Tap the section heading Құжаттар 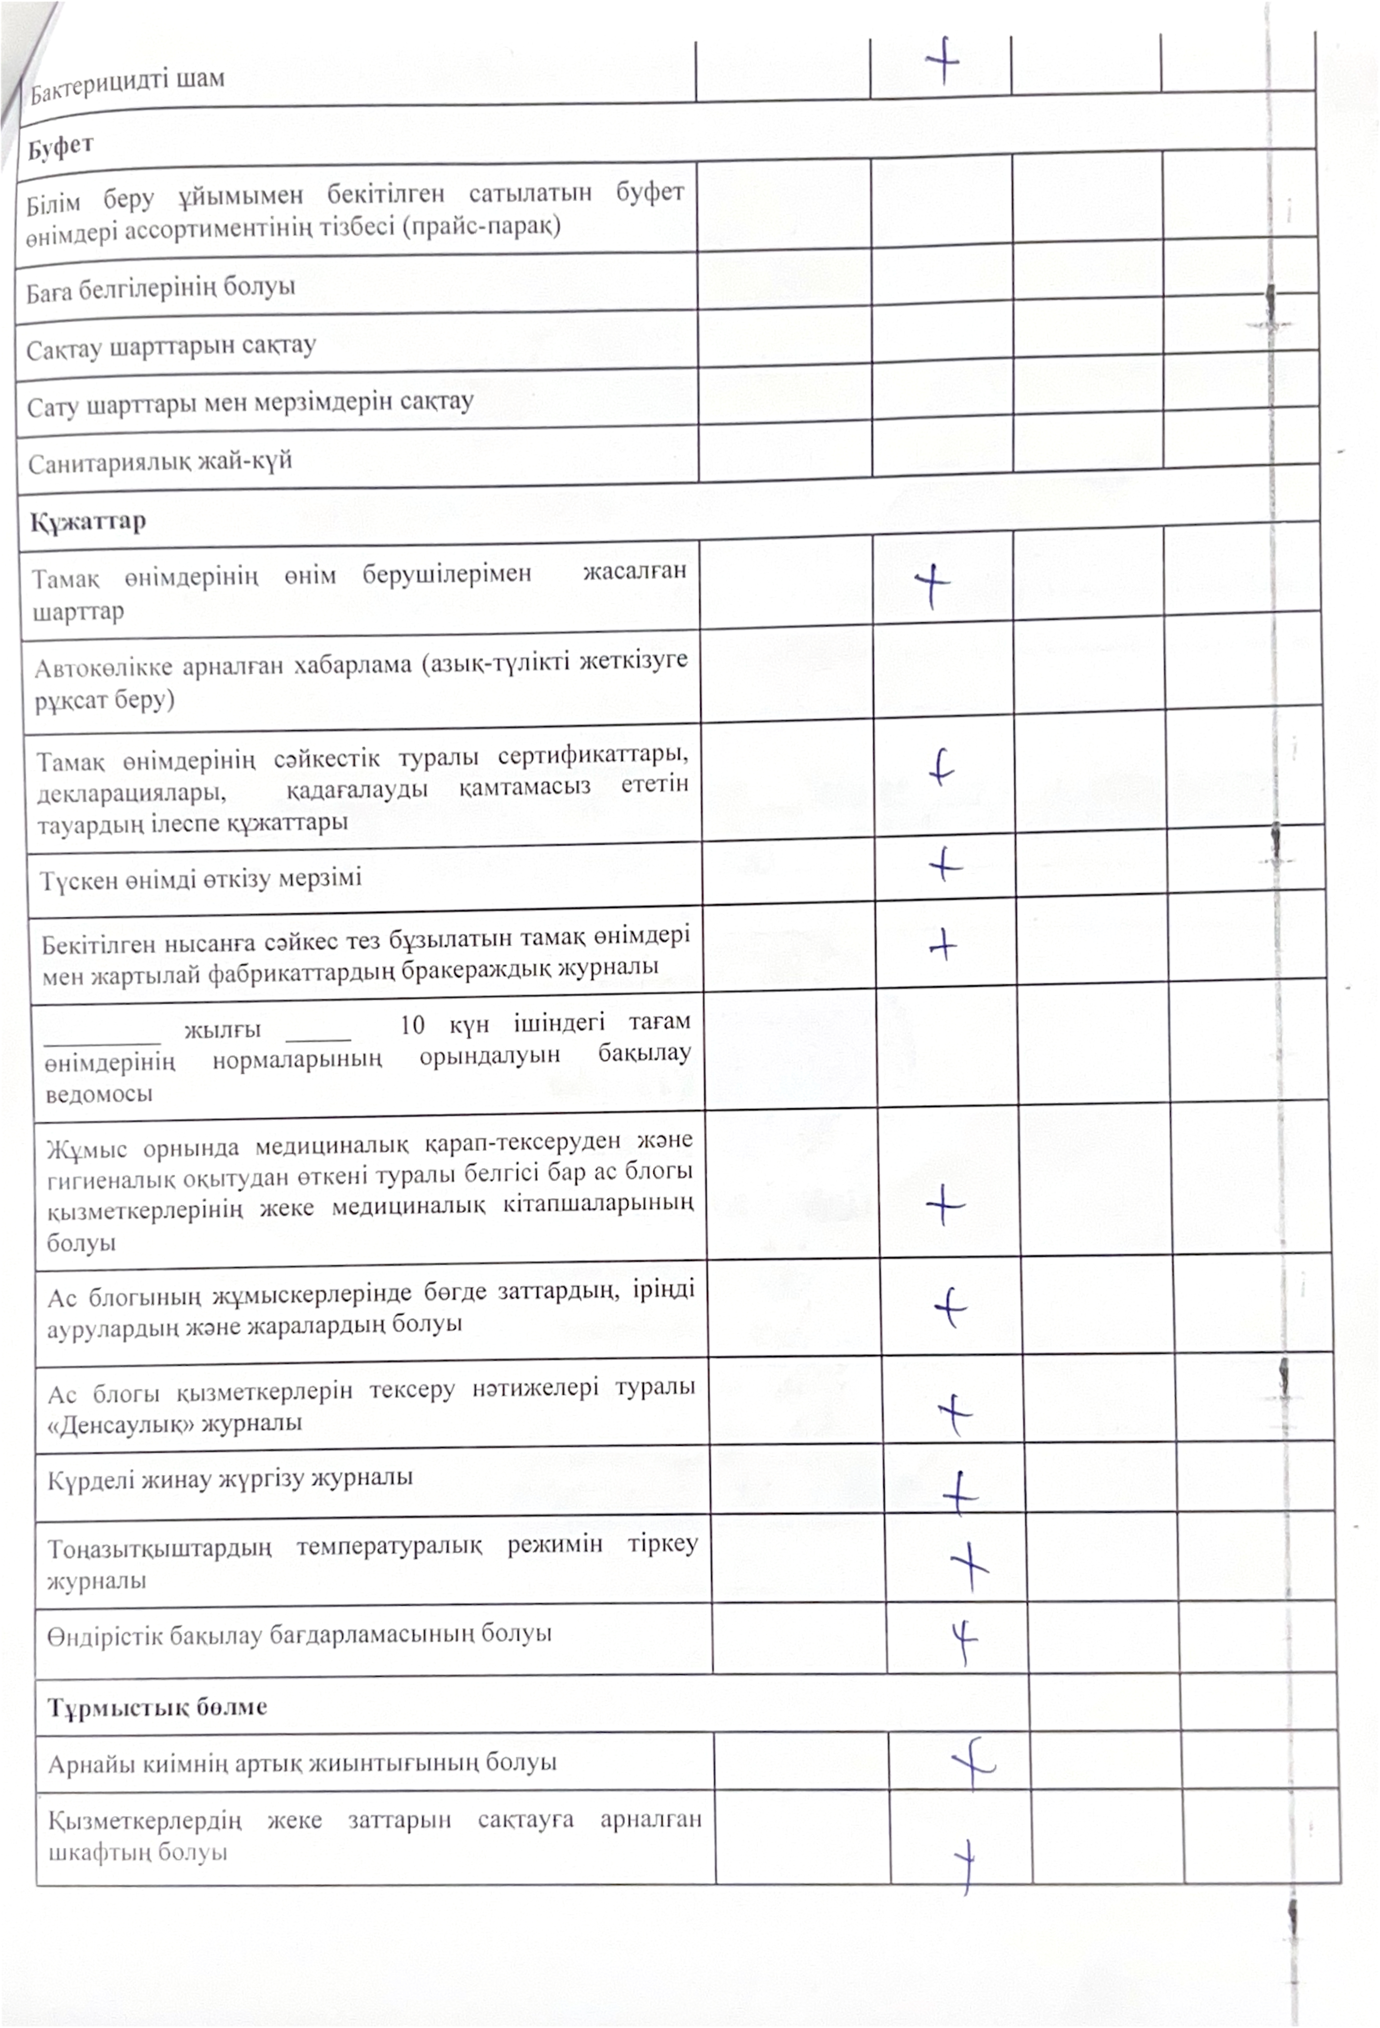[x=88, y=522]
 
